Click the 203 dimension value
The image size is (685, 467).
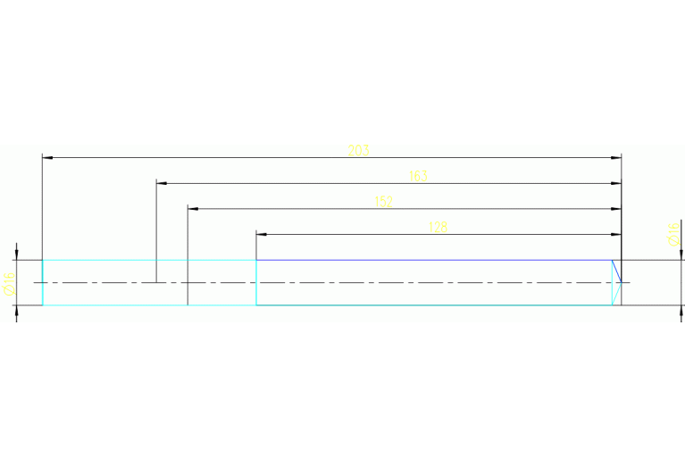point(358,150)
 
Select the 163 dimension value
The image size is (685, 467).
point(417,176)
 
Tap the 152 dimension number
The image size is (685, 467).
point(384,202)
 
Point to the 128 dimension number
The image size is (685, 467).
point(438,227)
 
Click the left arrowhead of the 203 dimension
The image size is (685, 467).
point(48,158)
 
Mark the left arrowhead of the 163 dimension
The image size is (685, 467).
point(162,183)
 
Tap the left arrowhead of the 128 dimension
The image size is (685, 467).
point(262,234)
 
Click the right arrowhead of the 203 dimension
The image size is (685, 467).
point(616,158)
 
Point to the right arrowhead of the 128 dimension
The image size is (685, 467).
point(616,234)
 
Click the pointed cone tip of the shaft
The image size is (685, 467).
point(621,283)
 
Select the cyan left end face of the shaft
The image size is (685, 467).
point(43,283)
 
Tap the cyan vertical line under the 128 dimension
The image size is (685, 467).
point(256,283)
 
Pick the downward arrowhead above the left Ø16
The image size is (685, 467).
point(17,254)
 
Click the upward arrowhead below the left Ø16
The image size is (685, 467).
point(17,311)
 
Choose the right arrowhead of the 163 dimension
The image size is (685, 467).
point(616,183)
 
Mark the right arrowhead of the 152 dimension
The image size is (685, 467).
point(616,209)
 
